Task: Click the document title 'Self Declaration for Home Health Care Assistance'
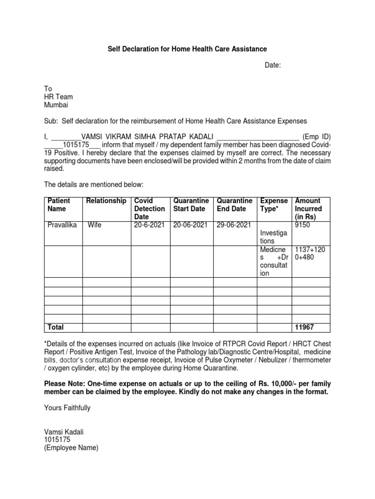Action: pyautogui.click(x=187, y=49)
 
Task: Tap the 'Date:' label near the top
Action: pyautogui.click(x=273, y=65)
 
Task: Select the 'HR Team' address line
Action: pyautogui.click(x=59, y=97)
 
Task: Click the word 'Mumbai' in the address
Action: pyautogui.click(x=57, y=105)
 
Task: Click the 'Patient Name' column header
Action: pyautogui.click(x=59, y=205)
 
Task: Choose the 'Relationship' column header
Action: pyautogui.click(x=106, y=201)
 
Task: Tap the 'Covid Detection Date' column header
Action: pyautogui.click(x=149, y=209)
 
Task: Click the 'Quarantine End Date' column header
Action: pyautogui.click(x=234, y=205)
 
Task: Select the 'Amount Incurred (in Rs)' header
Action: pyautogui.click(x=308, y=209)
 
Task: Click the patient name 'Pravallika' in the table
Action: pyautogui.click(x=62, y=225)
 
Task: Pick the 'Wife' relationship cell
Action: pyautogui.click(x=94, y=225)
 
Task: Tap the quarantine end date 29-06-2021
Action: pyautogui.click(x=234, y=225)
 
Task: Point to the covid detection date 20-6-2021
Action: pyautogui.click(x=150, y=225)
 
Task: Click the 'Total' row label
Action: pyautogui.click(x=55, y=327)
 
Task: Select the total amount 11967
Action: pyautogui.click(x=305, y=327)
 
